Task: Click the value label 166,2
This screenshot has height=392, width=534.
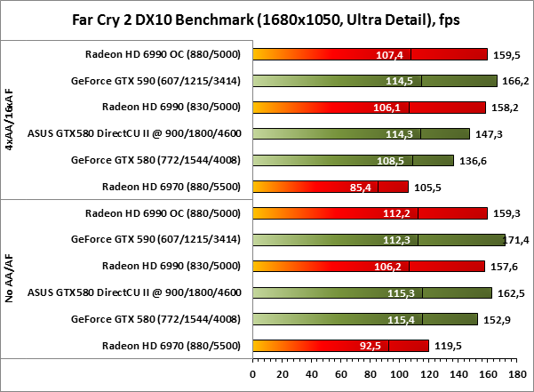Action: (515, 81)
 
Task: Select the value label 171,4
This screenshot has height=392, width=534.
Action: (519, 240)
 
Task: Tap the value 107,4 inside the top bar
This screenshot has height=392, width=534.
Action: (391, 54)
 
